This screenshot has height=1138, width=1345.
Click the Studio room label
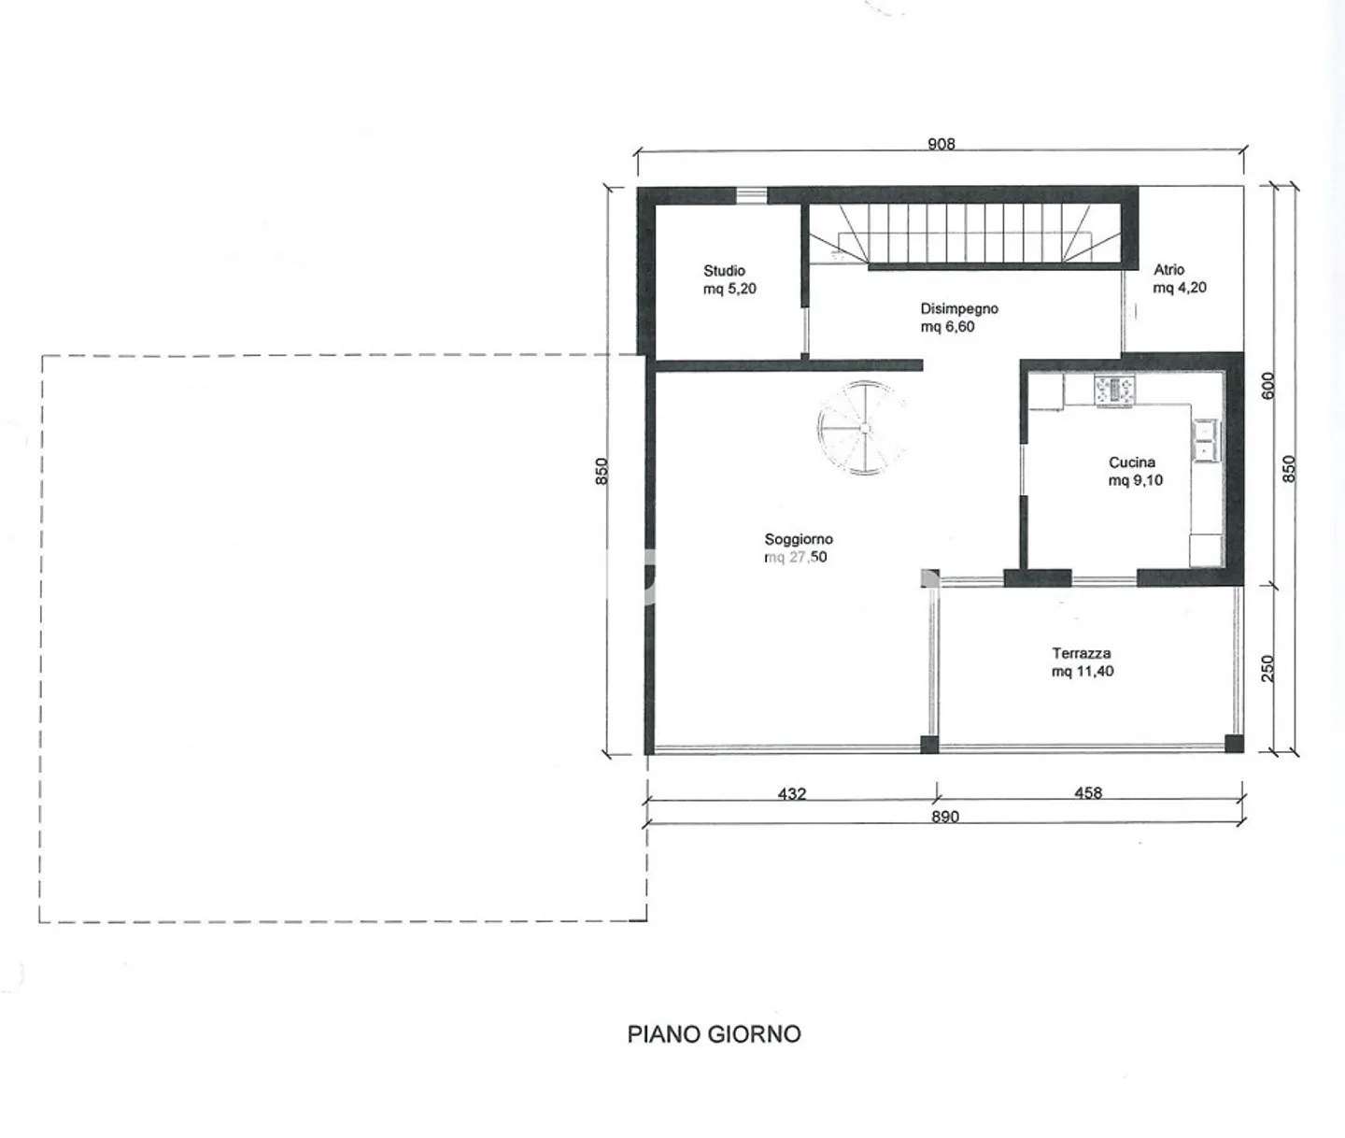(724, 270)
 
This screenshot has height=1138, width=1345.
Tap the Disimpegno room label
(959, 308)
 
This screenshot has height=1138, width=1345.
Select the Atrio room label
(1169, 269)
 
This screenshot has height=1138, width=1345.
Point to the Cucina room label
(1132, 462)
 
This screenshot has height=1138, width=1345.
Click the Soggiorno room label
(799, 539)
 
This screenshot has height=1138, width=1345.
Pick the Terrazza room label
(1082, 653)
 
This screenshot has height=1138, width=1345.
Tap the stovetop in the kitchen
(1114, 391)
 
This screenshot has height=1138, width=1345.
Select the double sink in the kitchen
(1206, 441)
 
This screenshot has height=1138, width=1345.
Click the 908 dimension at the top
(941, 144)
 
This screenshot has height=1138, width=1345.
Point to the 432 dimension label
(792, 793)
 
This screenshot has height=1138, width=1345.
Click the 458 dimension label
(1088, 793)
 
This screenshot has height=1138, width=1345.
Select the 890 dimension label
(945, 817)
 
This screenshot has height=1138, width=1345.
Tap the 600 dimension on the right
(1267, 386)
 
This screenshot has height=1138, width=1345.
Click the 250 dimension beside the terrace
(1267, 668)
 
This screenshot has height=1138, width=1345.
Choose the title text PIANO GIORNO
(714, 1034)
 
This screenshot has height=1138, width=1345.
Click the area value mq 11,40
(1083, 671)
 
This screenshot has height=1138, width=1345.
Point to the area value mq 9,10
(1136, 480)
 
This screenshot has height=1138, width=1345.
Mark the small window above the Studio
(751, 194)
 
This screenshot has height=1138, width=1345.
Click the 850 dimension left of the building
(602, 471)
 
